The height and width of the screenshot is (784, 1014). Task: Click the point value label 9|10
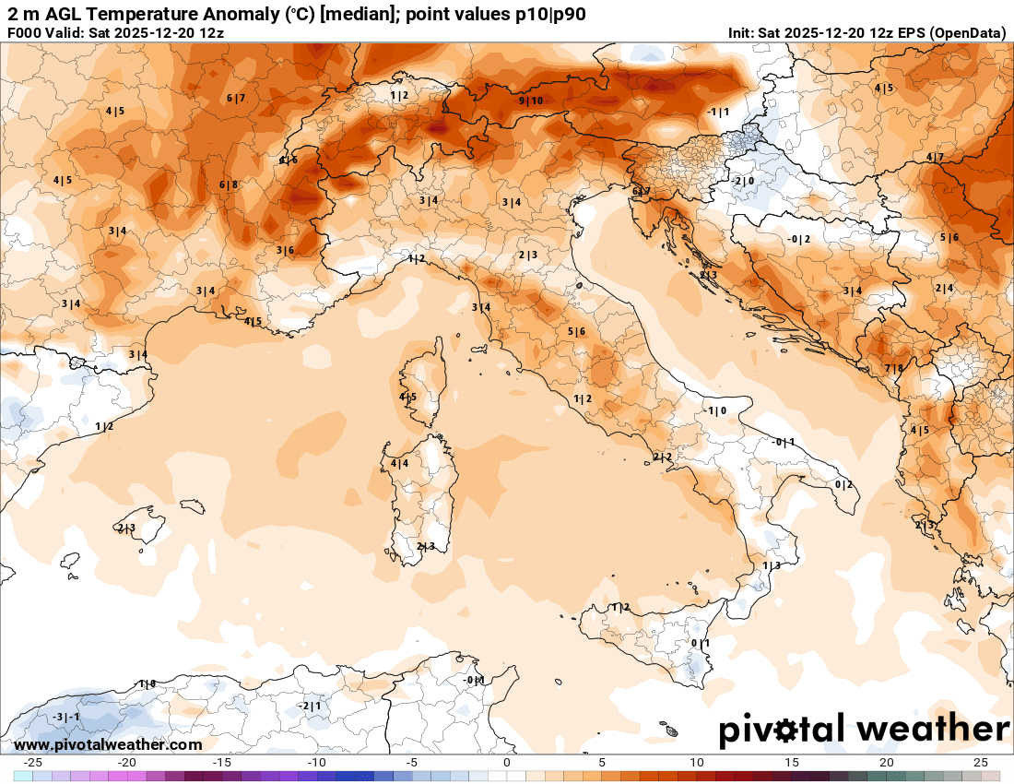pos(531,101)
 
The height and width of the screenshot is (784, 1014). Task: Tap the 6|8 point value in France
pos(229,184)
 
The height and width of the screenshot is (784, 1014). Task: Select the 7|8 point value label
pos(894,369)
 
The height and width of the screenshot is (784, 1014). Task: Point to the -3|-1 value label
pos(65,717)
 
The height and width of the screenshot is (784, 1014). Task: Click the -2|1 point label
pos(310,706)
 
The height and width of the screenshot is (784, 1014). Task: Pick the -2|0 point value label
pos(744,182)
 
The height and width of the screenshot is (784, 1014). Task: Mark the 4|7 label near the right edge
pos(935,158)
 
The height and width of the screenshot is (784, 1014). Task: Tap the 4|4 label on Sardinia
pos(399,463)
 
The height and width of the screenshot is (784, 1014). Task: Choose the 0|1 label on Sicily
pos(701,643)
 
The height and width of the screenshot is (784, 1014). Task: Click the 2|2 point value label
pos(663,457)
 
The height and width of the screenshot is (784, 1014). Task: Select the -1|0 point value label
pos(715,410)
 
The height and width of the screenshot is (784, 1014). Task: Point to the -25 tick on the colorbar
pos(34,763)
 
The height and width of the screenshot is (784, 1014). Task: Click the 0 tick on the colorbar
pos(507,763)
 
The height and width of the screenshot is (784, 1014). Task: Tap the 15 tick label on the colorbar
pos(791,763)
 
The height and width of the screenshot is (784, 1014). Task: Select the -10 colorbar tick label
pos(317,763)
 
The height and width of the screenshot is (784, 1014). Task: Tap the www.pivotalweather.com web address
pos(108,744)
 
